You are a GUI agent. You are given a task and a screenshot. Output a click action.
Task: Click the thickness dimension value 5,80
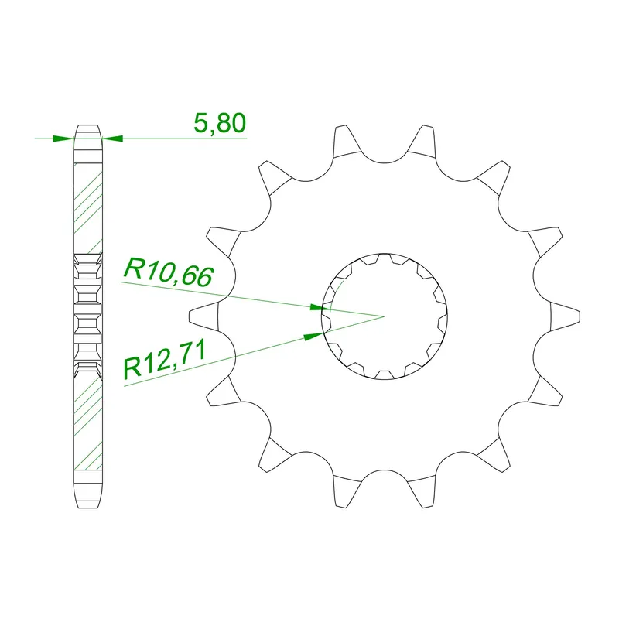click(218, 124)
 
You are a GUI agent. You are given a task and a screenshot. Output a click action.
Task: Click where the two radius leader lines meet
click(384, 316)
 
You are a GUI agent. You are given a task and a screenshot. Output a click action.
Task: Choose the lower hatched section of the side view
click(87, 422)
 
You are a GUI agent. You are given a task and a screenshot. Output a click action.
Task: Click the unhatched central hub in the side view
click(87, 316)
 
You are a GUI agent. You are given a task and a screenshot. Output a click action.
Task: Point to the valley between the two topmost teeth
click(384, 161)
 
